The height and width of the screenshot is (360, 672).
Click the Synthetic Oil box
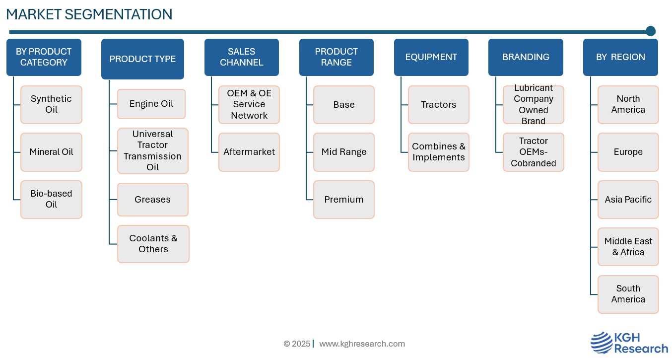pos(51,104)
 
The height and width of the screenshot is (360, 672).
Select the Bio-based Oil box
pos(51,200)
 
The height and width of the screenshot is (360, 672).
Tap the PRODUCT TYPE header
pos(142,59)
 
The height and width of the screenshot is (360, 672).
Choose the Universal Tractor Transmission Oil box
pos(153,151)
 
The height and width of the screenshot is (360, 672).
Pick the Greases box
pos(153,200)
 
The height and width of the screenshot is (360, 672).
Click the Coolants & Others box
pos(153,244)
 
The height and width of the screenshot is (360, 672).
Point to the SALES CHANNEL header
pos(242,57)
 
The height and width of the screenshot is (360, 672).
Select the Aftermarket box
pos(249,152)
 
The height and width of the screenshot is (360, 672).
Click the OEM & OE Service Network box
pos(249,104)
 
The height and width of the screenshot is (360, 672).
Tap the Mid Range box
pos(344,152)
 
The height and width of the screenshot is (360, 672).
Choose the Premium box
pos(344,200)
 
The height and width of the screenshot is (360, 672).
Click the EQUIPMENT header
pos(431,57)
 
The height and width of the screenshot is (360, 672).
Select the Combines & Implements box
pos(439,152)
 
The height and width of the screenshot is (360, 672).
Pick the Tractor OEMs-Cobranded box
pos(534,152)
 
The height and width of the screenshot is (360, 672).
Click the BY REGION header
pos(620,57)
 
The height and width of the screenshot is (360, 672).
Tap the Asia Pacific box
pos(628,200)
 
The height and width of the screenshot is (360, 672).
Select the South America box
pos(628,294)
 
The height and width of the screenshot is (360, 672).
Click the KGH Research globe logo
pos(601,343)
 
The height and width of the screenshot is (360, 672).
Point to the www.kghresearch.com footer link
pos(362,344)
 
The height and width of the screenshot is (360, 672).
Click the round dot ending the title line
pos(651,31)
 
